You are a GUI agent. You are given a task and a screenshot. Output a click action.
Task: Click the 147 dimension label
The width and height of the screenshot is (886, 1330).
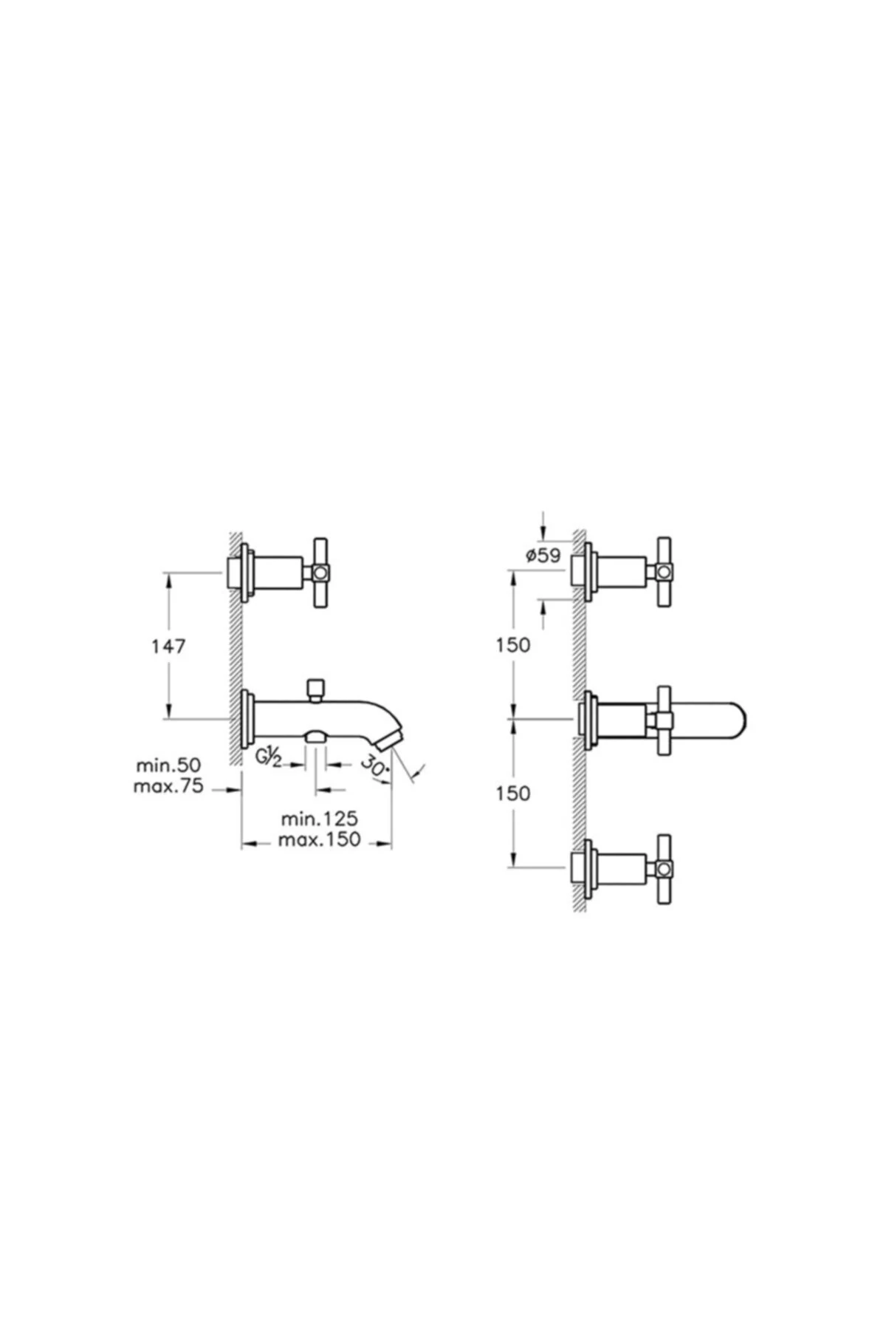pos(168,647)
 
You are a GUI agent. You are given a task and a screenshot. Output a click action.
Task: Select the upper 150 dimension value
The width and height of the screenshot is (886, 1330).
pos(513,645)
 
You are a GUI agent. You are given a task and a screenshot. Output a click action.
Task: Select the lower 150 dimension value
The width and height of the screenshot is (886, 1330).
pos(513,794)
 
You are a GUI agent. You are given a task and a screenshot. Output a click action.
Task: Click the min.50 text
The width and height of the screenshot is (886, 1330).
pos(168,765)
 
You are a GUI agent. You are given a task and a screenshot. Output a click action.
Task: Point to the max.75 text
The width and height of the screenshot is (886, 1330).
pos(168,786)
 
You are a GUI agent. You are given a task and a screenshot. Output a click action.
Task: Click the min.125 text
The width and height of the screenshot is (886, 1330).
pos(320,819)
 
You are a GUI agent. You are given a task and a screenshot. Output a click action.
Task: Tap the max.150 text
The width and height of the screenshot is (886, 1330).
pos(320,840)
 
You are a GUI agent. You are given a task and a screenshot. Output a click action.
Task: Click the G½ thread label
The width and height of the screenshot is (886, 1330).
pos(269,757)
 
